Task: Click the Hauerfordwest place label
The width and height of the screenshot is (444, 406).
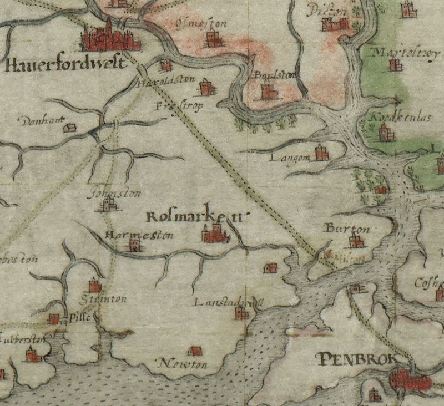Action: click(62, 65)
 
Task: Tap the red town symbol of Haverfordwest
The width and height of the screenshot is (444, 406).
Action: click(110, 38)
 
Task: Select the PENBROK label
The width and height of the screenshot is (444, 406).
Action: click(357, 359)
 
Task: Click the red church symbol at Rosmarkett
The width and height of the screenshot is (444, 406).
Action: click(214, 234)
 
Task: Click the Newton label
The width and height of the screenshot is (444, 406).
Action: click(183, 364)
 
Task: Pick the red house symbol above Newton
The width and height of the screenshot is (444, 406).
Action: click(195, 351)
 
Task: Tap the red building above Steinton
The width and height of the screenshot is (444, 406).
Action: click(95, 286)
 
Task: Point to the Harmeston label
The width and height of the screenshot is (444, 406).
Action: click(139, 235)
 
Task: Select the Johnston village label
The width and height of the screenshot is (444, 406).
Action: click(115, 194)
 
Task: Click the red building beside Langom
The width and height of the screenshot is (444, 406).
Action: click(321, 153)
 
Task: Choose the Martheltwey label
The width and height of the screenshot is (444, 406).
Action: click(396, 52)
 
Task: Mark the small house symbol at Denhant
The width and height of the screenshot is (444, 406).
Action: click(69, 128)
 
